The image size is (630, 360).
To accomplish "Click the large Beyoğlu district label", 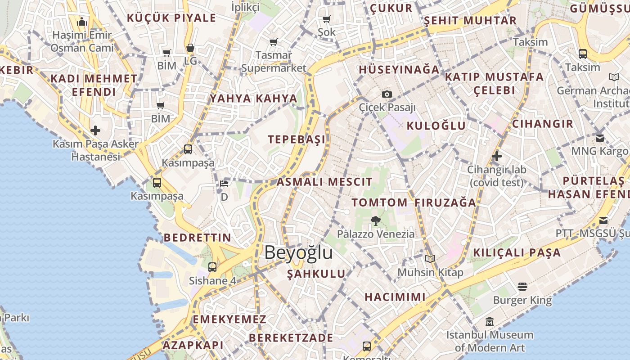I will click(x=298, y=252).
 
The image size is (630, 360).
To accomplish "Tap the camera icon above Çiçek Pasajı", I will click(x=387, y=94).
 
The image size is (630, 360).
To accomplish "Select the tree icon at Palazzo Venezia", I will click(x=375, y=220).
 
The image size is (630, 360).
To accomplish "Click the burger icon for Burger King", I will click(x=522, y=287).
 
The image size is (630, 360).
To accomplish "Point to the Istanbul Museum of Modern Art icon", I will click(x=490, y=322).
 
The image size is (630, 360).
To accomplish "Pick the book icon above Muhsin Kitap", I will click(x=430, y=259).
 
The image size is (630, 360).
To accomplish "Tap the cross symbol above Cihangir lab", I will click(x=497, y=157).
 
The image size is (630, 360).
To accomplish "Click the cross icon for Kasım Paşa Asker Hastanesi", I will click(x=95, y=130).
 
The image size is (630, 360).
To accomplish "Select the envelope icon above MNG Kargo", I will click(x=599, y=138).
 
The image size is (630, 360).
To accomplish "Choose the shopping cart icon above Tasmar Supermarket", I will click(x=273, y=42).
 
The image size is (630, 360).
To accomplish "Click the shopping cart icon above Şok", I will click(x=327, y=19).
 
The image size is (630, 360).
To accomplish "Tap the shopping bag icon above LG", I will click(x=190, y=48).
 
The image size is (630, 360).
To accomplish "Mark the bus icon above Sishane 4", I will click(x=212, y=267).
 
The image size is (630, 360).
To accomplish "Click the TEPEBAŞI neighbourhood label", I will click(x=297, y=139).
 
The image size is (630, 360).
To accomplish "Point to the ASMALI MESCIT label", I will click(x=324, y=182).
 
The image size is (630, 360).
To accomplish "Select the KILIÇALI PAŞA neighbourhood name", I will click(x=517, y=253).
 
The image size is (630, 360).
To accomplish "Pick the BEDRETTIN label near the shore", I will click(x=197, y=238).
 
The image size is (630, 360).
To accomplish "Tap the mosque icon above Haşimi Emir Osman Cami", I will click(x=82, y=22).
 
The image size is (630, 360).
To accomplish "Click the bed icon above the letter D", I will click(x=224, y=183).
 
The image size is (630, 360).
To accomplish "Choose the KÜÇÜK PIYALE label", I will click(x=171, y=18).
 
